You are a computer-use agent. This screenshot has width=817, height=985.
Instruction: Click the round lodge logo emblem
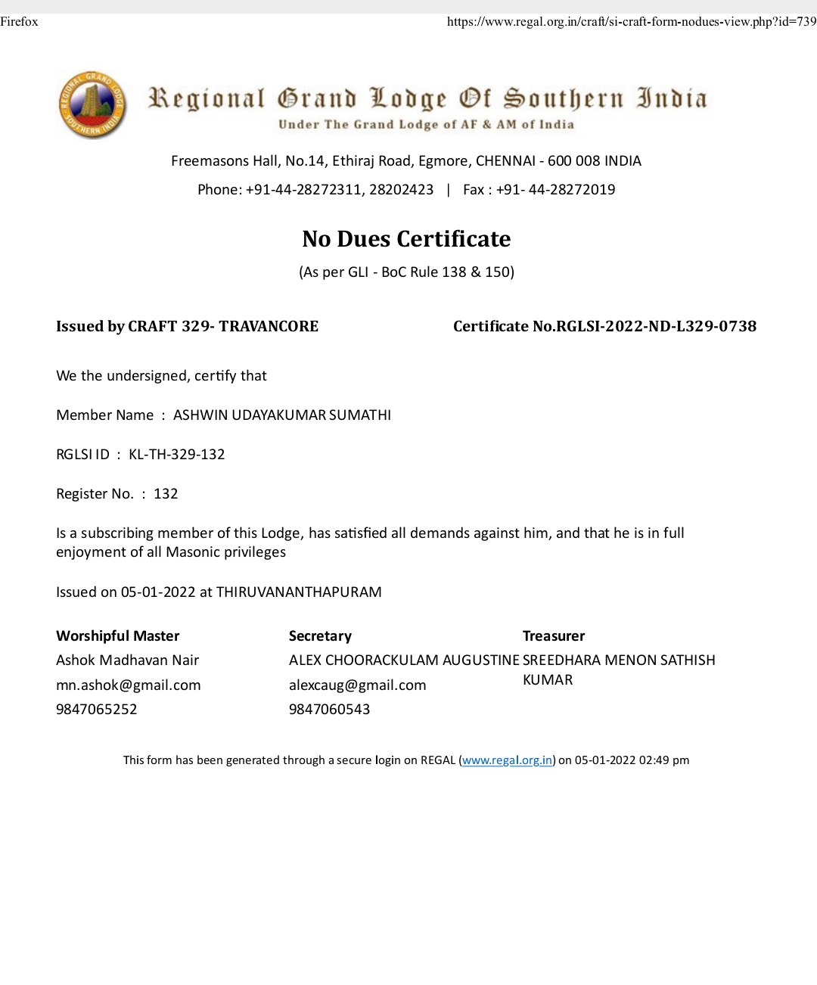[x=91, y=105]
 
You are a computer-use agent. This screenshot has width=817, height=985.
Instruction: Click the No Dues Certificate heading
[x=406, y=239]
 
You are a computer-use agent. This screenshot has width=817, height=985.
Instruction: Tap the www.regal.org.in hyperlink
[x=507, y=760]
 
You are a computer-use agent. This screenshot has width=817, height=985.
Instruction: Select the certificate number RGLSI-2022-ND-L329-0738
[x=656, y=326]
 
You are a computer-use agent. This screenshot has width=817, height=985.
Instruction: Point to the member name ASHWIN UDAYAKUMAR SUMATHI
[x=282, y=415]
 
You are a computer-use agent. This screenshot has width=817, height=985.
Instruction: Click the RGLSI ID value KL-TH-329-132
[x=177, y=455]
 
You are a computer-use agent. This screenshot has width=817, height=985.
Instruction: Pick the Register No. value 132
[x=166, y=494]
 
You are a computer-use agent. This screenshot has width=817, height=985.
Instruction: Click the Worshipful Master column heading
[x=118, y=636]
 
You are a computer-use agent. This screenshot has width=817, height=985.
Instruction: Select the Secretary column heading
[x=320, y=636]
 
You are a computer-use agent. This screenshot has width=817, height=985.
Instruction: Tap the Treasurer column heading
[x=554, y=636]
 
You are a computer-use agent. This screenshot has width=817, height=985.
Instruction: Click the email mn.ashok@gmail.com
[x=129, y=685]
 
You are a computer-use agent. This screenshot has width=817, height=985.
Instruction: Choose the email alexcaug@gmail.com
[x=357, y=685]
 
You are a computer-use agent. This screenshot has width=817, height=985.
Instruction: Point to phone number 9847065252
[x=97, y=710]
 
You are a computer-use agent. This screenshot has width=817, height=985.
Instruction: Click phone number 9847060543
[x=330, y=710]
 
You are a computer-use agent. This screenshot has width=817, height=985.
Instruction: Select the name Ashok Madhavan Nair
[x=127, y=660]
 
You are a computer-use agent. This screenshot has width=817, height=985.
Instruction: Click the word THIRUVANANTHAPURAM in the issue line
[x=299, y=592]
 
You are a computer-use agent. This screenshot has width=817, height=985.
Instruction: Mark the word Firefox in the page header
[x=19, y=21]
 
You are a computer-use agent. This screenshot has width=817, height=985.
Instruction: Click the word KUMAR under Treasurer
[x=548, y=680]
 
